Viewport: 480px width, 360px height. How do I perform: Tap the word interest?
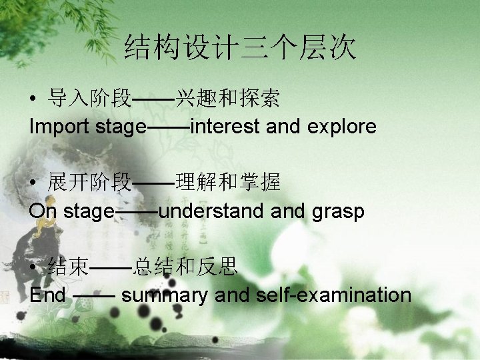point(225,126)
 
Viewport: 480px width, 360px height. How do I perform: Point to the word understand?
point(212,211)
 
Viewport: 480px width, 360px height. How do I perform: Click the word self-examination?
point(333,295)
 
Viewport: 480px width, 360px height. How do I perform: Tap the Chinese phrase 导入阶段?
point(89,100)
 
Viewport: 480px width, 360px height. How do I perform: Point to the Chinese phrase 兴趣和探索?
point(227,100)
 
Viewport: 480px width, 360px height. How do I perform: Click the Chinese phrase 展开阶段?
point(89,181)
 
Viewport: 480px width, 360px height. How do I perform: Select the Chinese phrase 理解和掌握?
point(227,181)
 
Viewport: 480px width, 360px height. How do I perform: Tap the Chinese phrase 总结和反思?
point(185,268)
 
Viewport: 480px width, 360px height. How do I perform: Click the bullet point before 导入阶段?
point(33,101)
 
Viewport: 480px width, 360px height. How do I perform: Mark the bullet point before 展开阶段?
point(33,182)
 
